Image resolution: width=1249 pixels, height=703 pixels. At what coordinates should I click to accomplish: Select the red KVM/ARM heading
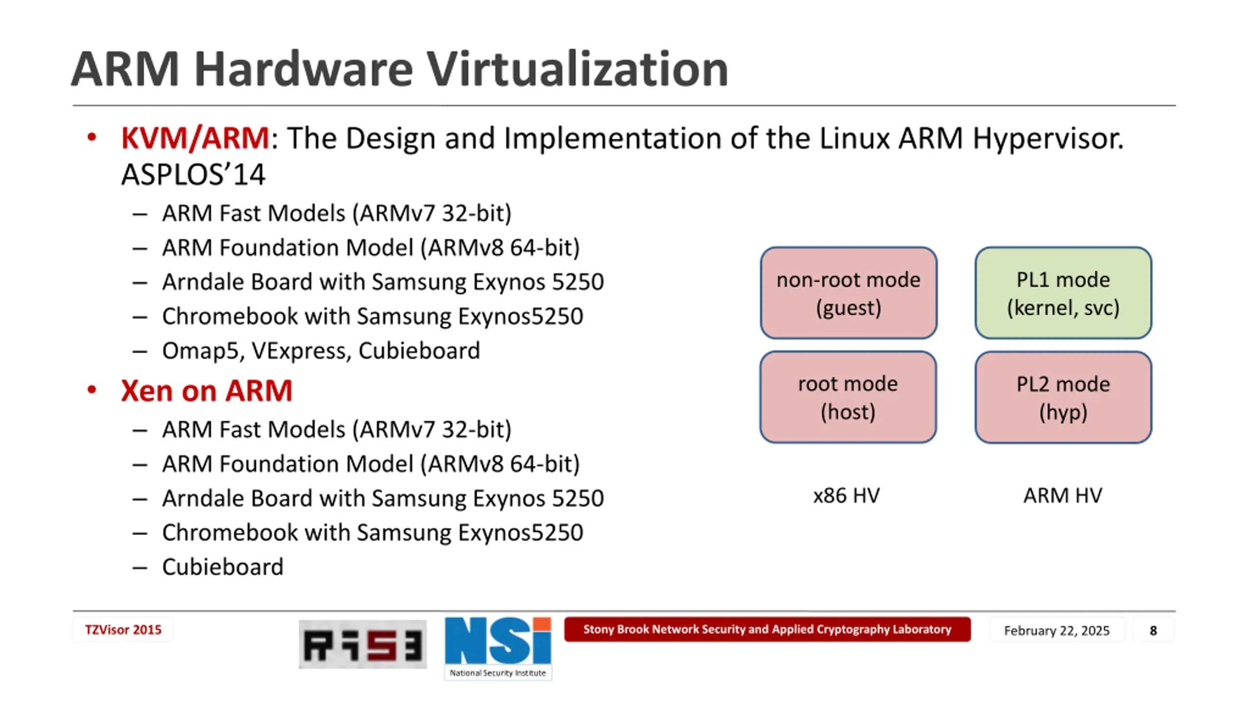click(x=195, y=138)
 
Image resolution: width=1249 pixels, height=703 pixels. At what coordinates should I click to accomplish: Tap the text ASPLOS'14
click(x=193, y=175)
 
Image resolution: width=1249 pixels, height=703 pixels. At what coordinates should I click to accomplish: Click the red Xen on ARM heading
click(x=206, y=391)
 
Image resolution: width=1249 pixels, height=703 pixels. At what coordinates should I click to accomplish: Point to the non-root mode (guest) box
click(x=848, y=293)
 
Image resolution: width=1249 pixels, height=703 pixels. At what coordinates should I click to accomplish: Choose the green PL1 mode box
click(x=1063, y=293)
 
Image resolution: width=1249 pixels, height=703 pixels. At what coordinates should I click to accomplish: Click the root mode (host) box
click(x=848, y=397)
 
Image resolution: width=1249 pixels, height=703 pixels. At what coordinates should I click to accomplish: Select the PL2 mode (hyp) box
click(x=1063, y=397)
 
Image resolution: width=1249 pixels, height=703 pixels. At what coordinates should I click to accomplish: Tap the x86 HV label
click(x=846, y=496)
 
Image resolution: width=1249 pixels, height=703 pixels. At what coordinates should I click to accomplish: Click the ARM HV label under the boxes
click(x=1062, y=496)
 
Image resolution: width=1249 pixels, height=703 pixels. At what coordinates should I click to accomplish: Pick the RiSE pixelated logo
click(x=363, y=644)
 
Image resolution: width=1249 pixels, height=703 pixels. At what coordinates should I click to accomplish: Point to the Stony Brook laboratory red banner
click(x=767, y=629)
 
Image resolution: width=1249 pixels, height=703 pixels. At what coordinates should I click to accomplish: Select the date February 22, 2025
click(x=1056, y=631)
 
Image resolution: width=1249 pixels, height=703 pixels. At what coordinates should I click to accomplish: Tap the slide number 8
click(x=1153, y=631)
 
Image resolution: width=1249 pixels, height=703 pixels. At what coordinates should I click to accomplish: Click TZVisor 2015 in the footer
click(x=123, y=630)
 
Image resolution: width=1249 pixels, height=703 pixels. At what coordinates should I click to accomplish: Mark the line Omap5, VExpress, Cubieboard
click(x=321, y=351)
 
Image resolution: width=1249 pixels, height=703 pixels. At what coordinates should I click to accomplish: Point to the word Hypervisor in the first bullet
click(x=1048, y=138)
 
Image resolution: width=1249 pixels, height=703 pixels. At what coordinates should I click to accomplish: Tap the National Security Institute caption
click(x=498, y=673)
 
